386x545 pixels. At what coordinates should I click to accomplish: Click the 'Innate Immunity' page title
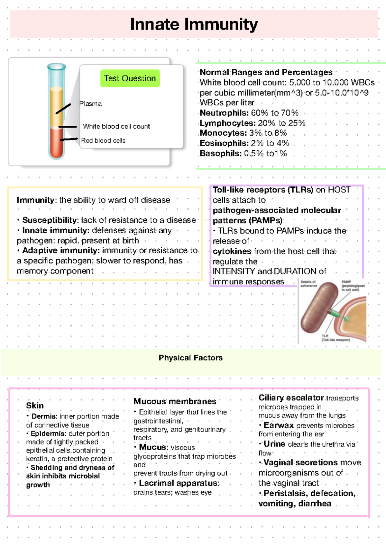194,24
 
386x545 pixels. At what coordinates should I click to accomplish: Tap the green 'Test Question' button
130,78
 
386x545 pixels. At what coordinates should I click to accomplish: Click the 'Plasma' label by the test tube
90,104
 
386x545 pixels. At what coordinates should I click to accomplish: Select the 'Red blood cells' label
103,140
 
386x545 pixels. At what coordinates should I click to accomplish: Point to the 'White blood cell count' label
116,127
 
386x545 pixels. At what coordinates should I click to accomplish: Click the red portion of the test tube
57,143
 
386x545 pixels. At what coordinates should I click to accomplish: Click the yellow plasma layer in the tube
56,106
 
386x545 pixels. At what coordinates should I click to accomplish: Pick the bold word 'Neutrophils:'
224,113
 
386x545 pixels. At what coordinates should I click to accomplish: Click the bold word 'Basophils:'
221,154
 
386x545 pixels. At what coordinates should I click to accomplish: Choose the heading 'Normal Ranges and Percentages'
266,72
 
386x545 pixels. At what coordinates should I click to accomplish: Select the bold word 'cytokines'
232,251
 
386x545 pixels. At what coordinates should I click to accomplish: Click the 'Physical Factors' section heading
190,358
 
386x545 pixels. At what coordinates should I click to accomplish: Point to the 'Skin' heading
35,406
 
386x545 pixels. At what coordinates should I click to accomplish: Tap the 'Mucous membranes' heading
175,401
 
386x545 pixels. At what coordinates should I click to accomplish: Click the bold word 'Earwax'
279,425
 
